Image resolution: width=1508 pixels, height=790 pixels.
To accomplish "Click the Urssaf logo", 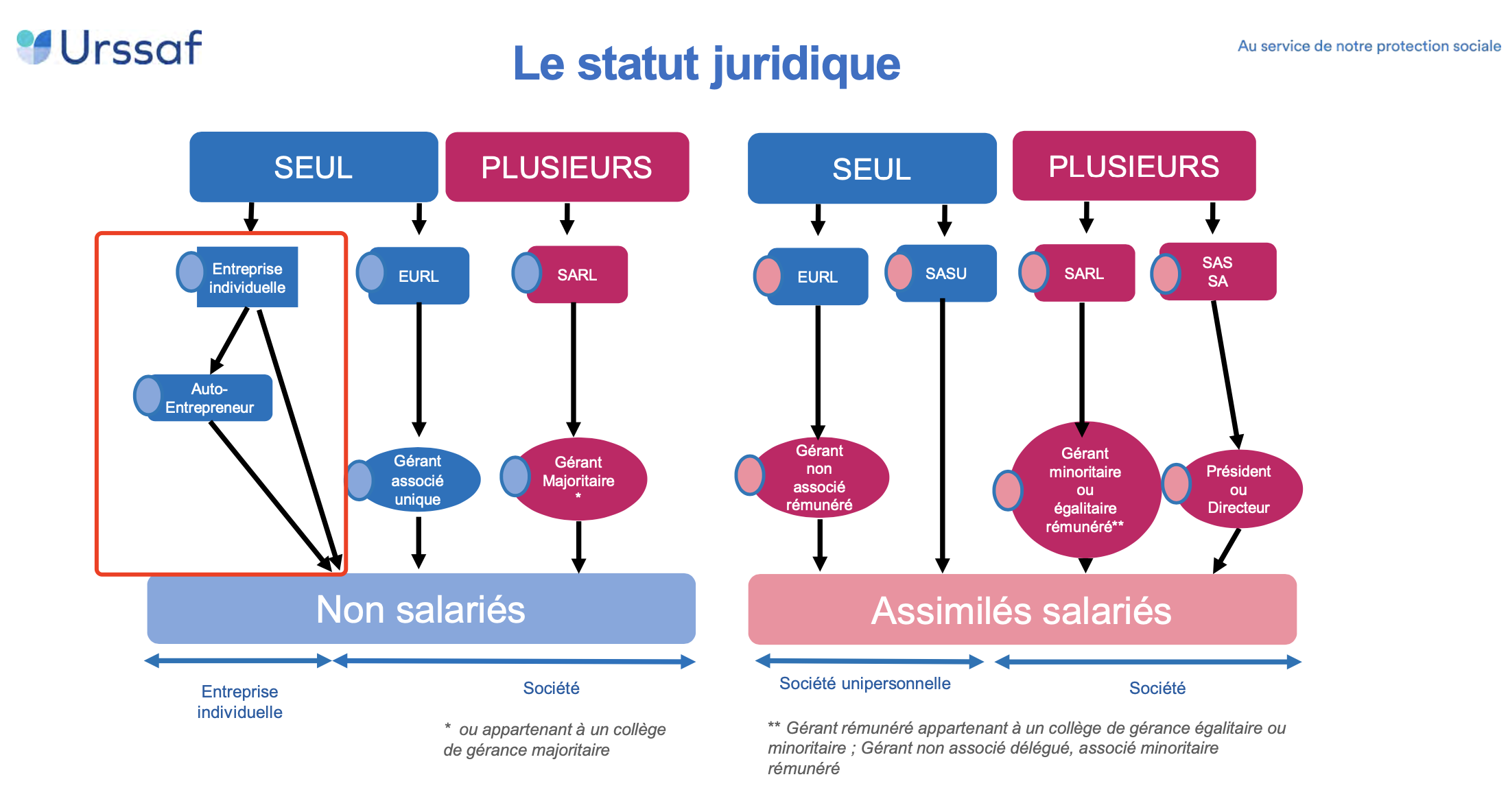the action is coord(110,47).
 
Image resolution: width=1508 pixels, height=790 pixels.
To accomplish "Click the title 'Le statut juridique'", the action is coord(706,64).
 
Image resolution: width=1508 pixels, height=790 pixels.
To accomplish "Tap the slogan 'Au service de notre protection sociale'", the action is coord(1368,46).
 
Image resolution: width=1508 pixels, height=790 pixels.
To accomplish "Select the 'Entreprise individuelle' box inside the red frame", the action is coord(247,277).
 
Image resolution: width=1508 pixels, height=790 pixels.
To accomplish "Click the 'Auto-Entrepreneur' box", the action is coord(210,398).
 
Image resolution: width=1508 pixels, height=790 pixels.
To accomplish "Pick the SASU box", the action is coord(945,274).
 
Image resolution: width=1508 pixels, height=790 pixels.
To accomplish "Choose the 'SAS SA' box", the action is coord(1217,272).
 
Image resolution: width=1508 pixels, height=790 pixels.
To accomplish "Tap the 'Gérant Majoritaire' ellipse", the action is coord(578,478).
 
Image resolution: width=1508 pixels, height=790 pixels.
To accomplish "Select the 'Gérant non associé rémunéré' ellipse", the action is coord(819,477).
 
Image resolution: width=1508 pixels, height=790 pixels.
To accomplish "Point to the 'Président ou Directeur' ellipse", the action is coord(1238,489).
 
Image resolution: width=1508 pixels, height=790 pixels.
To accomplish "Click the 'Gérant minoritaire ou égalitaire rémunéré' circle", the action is coord(1085,490).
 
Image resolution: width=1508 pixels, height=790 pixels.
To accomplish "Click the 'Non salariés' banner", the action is coord(421,609).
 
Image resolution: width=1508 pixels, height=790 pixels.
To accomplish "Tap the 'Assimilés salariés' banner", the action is coord(1022,610).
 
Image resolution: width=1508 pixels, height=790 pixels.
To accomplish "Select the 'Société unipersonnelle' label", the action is coord(864,684).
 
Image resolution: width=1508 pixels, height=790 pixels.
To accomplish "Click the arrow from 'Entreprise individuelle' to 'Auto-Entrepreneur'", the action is coord(229,341).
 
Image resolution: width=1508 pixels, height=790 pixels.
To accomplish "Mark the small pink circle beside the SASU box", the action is coord(899,272).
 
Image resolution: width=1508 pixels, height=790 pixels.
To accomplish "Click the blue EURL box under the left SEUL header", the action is coord(419,276).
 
